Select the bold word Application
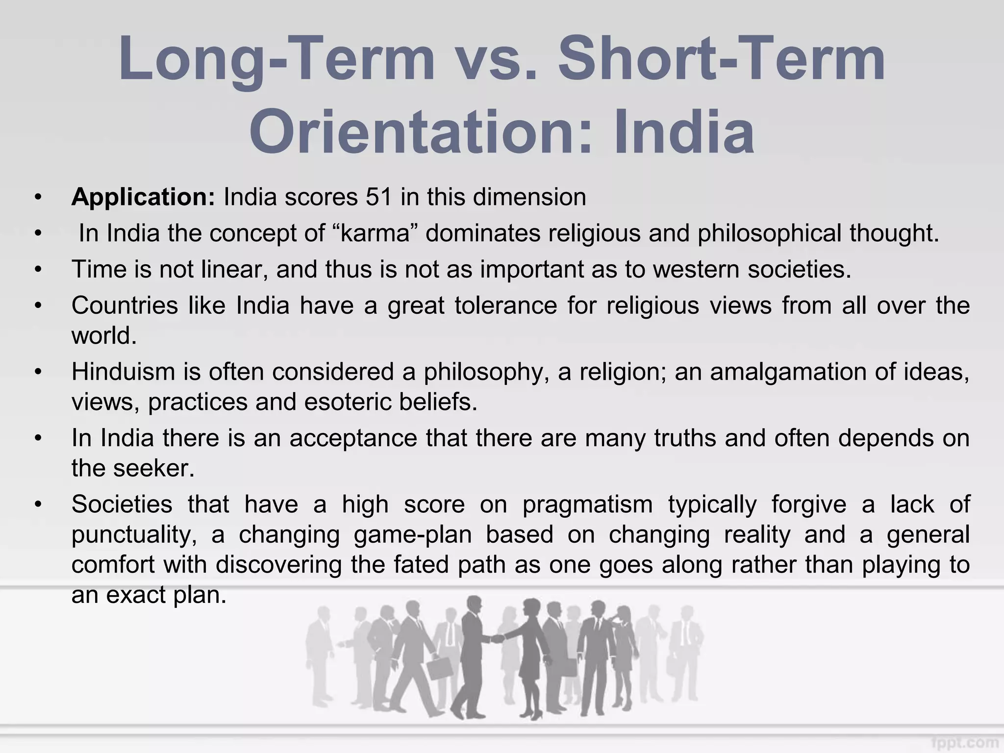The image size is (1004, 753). pos(143,197)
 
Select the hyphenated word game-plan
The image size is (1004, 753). pos(412,535)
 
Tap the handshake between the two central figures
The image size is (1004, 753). pos(497,639)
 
